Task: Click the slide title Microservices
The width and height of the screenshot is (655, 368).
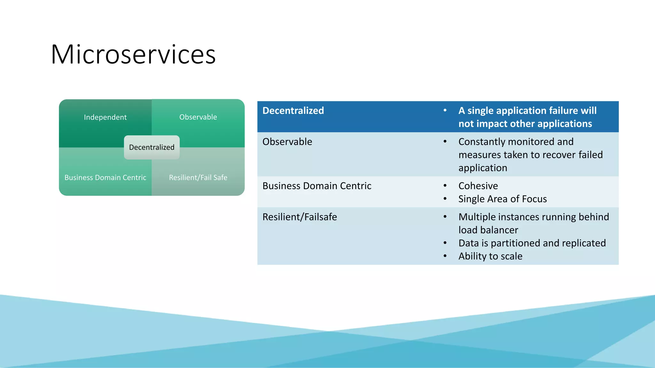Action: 133,54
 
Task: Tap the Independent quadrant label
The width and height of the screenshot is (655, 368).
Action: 105,117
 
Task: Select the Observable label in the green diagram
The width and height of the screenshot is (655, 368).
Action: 198,117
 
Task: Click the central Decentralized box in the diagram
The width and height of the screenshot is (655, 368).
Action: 152,147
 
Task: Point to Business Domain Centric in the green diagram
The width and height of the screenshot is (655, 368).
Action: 105,178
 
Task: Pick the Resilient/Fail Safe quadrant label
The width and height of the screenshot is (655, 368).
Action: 198,178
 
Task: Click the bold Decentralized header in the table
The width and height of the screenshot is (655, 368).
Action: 293,111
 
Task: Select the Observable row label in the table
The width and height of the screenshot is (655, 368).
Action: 287,142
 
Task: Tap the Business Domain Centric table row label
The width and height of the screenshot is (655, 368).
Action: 317,186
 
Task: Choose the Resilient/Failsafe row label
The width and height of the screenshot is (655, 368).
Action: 300,217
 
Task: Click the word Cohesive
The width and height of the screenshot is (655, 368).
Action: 478,186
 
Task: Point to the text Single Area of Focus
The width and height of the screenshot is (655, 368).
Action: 502,199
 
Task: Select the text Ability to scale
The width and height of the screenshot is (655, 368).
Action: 490,256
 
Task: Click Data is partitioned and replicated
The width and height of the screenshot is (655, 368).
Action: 532,243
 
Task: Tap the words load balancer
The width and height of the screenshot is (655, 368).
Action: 488,230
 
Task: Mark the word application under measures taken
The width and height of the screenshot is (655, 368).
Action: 483,168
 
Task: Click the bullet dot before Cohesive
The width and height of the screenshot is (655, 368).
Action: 445,186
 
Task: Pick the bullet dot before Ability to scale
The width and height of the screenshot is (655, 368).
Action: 445,256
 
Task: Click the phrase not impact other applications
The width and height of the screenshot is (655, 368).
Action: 525,124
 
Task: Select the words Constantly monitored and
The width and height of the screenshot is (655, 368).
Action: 516,142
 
